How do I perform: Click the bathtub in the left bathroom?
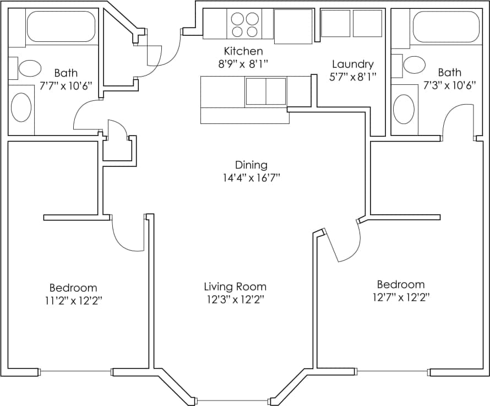coord(61,26)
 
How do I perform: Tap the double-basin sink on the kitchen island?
coord(266,91)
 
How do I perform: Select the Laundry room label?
coord(352,64)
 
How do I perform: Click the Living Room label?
coord(235,286)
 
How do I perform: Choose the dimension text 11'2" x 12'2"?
coord(73,300)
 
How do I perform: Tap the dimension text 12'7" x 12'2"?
coord(400,297)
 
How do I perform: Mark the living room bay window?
coord(233,400)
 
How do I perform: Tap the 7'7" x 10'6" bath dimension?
coord(66,85)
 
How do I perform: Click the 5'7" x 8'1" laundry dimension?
coord(352,77)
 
